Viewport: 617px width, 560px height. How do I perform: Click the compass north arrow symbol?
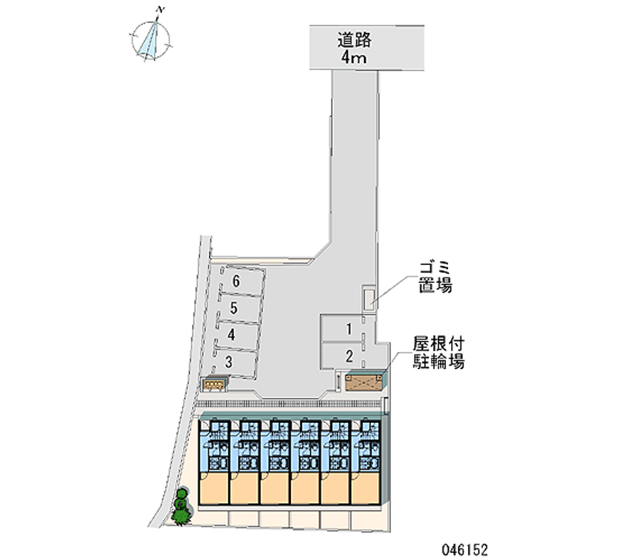tap(151, 39)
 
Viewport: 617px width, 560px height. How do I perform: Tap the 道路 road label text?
tap(354, 40)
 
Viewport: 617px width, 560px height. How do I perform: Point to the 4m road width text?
tap(354, 58)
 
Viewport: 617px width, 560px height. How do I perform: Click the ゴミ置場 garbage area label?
tap(435, 277)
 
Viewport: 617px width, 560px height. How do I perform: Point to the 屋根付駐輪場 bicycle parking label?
tap(439, 353)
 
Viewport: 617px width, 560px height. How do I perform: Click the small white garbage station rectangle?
tap(369, 299)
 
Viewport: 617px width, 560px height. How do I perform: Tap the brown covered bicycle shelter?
tap(364, 382)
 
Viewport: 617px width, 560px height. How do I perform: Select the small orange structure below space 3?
tap(214, 384)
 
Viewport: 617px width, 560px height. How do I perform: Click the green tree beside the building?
tap(181, 507)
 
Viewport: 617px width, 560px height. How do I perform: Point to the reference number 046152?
tap(465, 549)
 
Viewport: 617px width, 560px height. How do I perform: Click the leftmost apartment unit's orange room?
tap(214, 488)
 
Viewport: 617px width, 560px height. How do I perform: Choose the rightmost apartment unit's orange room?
tap(366, 488)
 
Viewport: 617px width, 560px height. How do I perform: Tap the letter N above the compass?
tap(160, 9)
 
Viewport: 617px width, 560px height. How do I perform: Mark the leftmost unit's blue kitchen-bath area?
tap(214, 446)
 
